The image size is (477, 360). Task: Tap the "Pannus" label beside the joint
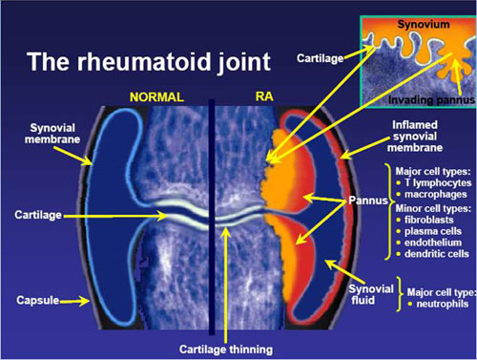tap(361, 202)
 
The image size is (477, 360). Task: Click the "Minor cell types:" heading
tap(428, 206)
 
